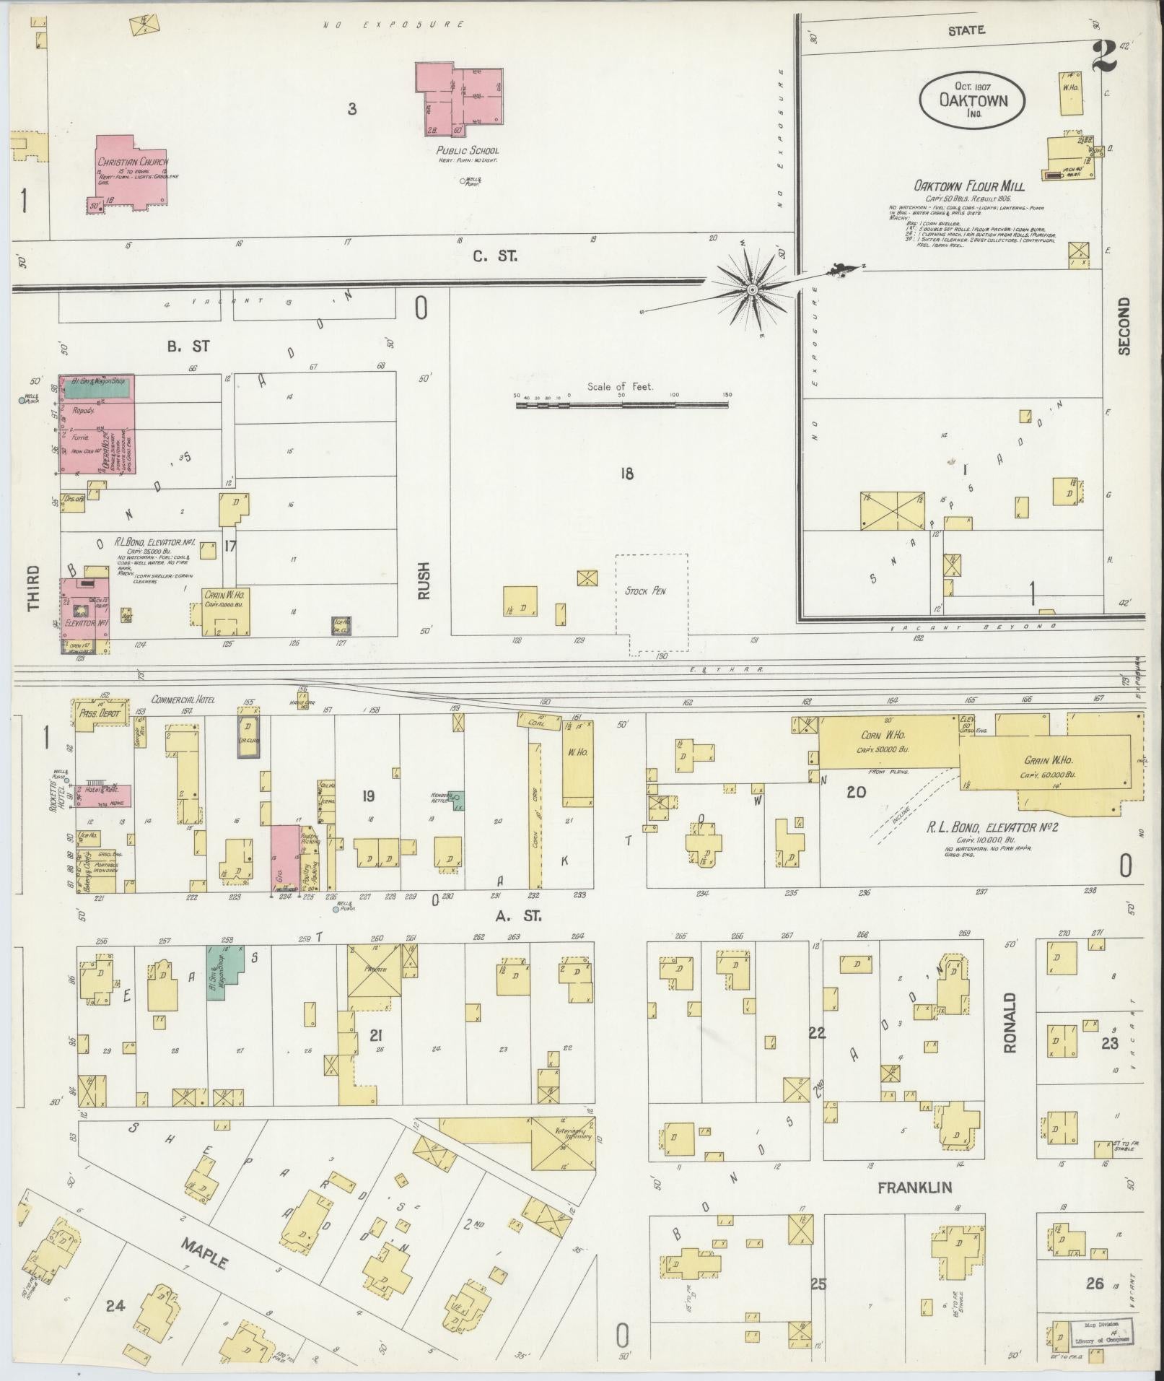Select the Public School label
467,151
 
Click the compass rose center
752,289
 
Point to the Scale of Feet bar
621,406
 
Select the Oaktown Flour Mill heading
970,186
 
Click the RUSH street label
424,581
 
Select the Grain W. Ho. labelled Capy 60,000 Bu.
1048,764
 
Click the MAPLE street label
204,1253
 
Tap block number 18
626,474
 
